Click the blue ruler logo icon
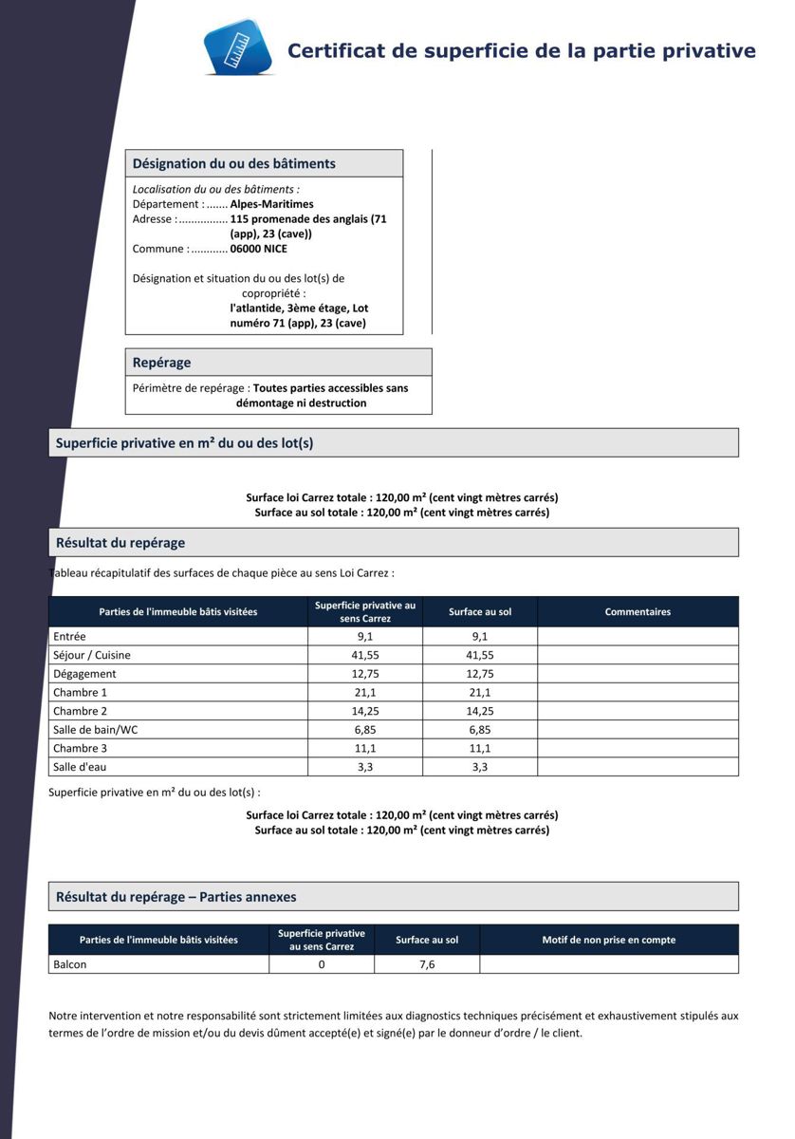click(x=237, y=47)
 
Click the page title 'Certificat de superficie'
click(x=521, y=50)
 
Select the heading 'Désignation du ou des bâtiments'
click(x=233, y=163)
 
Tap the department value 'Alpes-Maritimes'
click(x=271, y=204)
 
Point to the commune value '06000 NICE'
click(x=258, y=249)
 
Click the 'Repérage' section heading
click(x=161, y=363)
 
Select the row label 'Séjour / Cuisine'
click(x=92, y=655)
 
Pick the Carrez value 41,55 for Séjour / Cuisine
click(x=365, y=655)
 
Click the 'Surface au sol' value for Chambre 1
click(x=480, y=692)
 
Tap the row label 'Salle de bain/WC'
click(x=96, y=729)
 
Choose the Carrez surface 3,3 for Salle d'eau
click(x=365, y=767)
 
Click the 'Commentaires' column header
click(x=638, y=612)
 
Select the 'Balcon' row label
click(x=70, y=964)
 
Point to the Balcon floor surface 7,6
click(x=427, y=964)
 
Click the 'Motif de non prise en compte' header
click(x=609, y=940)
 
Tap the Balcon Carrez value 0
click(x=322, y=964)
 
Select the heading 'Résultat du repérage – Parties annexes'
click(x=176, y=897)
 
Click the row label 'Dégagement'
click(x=84, y=674)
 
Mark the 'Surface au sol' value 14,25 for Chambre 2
click(x=480, y=711)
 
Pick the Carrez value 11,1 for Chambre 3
click(x=365, y=748)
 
